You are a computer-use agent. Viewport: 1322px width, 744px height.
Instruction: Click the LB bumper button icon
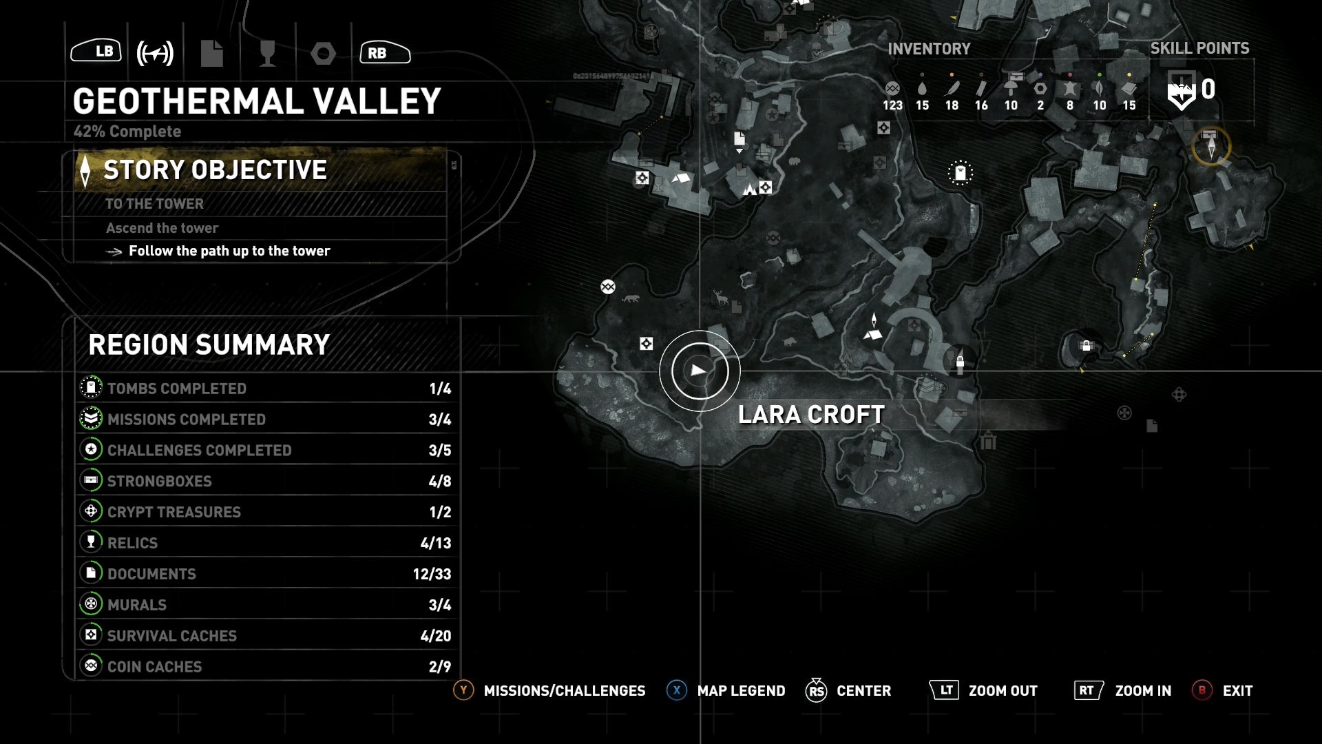96,52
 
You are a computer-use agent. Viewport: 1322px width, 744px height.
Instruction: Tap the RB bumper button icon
385,52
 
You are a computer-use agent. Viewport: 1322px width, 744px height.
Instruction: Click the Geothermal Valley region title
257,101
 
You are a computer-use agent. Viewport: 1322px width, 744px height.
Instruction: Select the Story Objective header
215,170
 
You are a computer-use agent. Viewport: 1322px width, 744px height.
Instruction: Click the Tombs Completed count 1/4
440,389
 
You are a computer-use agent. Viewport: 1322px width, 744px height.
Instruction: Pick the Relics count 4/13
435,543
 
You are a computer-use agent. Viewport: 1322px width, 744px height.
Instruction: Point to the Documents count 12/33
432,574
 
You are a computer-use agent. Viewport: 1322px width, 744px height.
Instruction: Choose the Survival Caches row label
172,636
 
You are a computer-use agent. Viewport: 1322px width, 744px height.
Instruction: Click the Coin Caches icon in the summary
91,665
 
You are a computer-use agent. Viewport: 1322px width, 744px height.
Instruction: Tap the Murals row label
137,605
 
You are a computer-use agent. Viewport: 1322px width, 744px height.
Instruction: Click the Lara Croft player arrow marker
700,371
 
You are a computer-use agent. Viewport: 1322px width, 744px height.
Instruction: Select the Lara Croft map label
811,415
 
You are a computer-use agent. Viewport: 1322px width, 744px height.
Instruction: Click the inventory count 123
892,105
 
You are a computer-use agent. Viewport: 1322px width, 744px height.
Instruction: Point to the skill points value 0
1208,90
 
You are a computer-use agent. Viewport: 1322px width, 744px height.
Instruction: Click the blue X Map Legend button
677,690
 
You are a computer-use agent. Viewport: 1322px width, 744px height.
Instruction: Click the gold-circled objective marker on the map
1211,146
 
